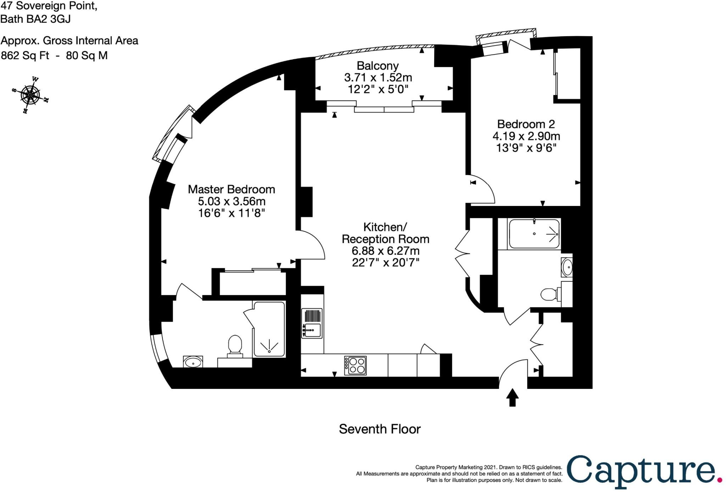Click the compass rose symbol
[x=30, y=95]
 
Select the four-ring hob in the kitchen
[x=355, y=365]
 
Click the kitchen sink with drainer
[x=312, y=323]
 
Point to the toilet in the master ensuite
[x=235, y=345]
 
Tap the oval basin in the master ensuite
[x=193, y=362]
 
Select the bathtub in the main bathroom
[x=534, y=234]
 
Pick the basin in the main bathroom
[x=567, y=267]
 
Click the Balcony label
[x=378, y=66]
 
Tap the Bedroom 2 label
[x=526, y=124]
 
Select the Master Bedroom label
[x=231, y=189]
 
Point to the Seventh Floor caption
[x=380, y=429]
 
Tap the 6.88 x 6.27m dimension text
[x=385, y=251]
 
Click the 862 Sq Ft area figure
[x=25, y=56]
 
